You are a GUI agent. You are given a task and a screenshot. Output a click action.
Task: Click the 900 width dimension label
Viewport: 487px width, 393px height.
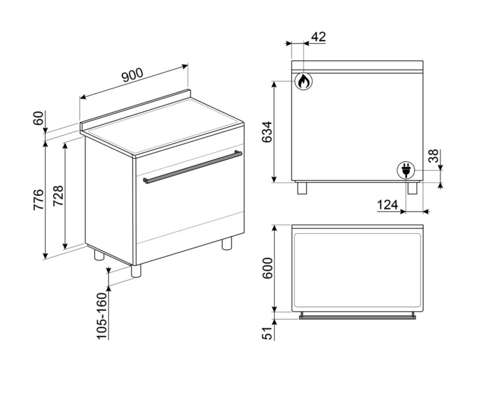[132, 75]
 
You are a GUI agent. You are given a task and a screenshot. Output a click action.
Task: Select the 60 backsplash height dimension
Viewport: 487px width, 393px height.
[39, 119]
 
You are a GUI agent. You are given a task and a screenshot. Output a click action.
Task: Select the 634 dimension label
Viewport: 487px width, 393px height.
[267, 133]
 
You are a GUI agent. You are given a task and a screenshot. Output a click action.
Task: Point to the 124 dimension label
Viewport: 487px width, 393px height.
[388, 205]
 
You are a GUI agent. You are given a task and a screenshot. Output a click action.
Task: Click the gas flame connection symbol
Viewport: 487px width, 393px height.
[303, 81]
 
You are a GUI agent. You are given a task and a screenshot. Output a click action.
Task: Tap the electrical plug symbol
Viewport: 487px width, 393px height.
[406, 170]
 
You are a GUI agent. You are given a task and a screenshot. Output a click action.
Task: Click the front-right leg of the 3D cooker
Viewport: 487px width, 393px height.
[227, 244]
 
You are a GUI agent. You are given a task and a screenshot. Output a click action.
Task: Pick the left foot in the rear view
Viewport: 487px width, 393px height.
[302, 188]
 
